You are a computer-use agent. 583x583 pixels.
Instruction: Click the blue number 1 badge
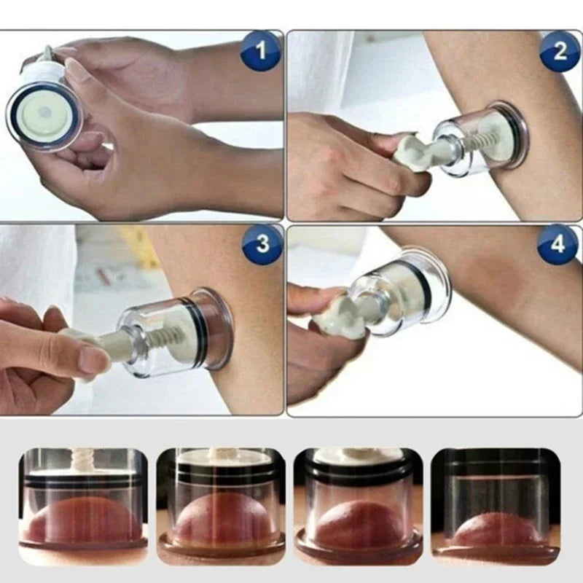pos(260,52)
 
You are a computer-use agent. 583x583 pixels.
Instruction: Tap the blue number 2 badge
pos(559,51)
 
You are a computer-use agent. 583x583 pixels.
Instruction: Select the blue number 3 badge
pos(262,243)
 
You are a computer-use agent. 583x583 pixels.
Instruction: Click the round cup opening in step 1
pos(44,116)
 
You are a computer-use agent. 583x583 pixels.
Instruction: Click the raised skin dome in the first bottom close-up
pos(80,520)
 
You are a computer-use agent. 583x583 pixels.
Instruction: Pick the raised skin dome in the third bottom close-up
pos(357,523)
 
